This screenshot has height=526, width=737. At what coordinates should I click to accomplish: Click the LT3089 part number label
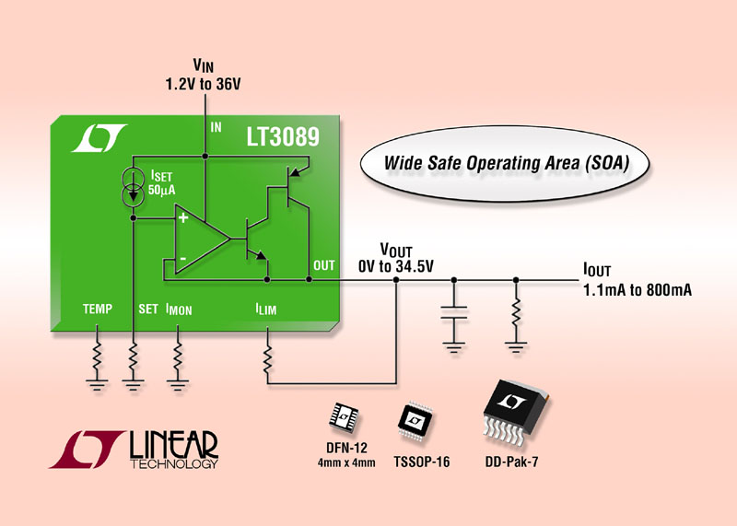pos(282,138)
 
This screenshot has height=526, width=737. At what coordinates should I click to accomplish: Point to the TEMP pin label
pos(95,310)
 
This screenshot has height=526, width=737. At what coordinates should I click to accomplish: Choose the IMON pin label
pos(179,310)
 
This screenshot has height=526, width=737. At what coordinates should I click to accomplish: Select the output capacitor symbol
pos(452,314)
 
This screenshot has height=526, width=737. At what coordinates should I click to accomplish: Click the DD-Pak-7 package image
pos(514,411)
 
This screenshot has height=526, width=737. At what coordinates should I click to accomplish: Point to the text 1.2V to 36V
pos(205,82)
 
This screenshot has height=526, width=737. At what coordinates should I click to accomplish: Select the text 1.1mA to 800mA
pos(638,290)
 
